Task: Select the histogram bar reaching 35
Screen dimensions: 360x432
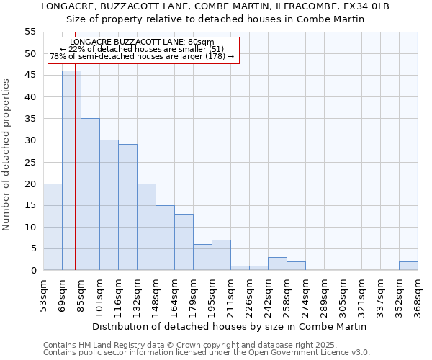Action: pos(90,194)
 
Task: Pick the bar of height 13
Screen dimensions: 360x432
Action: pos(184,242)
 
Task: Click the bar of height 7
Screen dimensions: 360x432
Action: pos(221,255)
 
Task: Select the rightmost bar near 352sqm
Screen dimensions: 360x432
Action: pos(408,266)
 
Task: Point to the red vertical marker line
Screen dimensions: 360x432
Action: pos(75,180)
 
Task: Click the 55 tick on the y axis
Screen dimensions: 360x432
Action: pos(30,32)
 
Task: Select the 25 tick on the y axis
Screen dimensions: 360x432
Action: pos(30,162)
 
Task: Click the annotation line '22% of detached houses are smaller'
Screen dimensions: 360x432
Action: pos(143,49)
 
